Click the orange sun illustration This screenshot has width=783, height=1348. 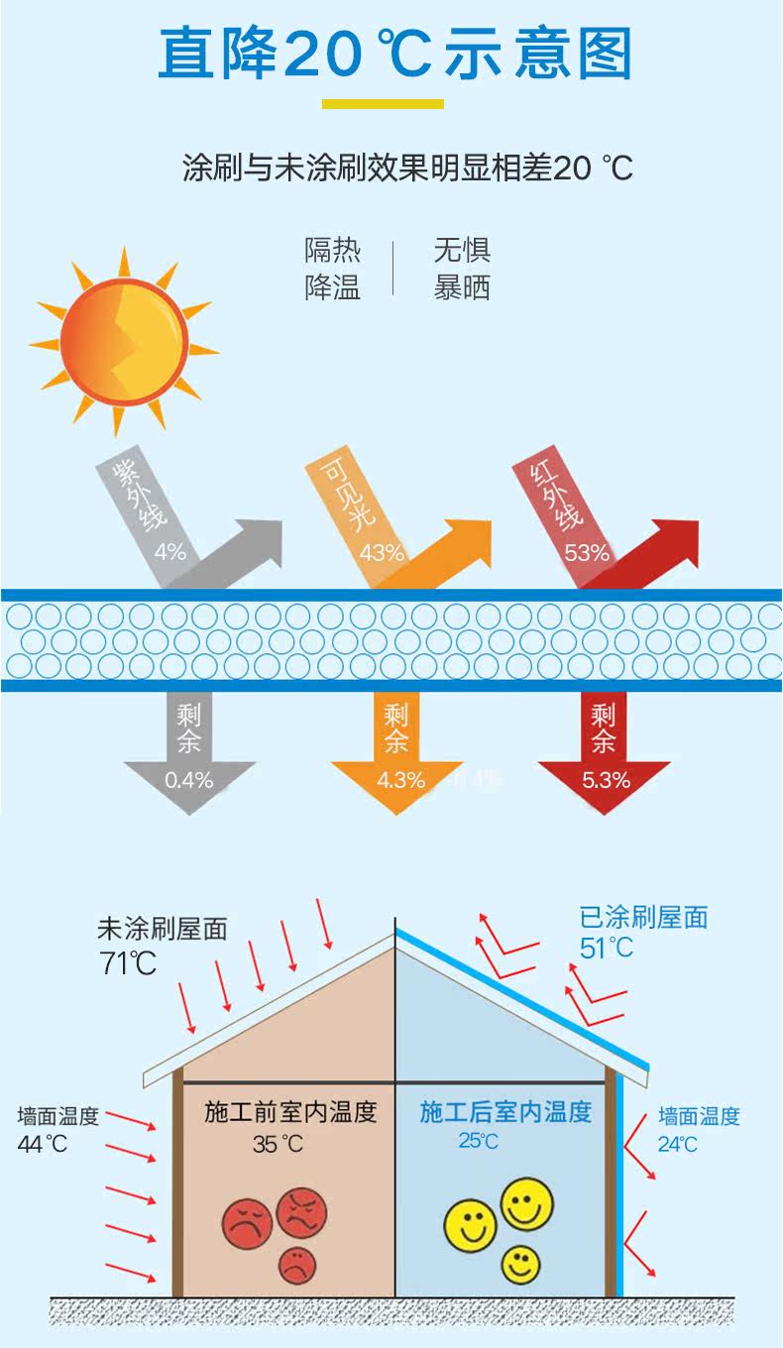point(122,339)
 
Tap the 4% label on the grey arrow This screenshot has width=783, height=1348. point(170,551)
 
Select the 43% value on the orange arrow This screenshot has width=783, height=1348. point(382,552)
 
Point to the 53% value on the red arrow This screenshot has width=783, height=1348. point(587,552)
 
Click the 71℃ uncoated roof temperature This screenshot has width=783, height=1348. point(127,962)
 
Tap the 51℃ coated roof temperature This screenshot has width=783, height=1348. point(606,948)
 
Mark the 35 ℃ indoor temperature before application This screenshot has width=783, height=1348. point(278,1144)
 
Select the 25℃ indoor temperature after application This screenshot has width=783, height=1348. point(478,1141)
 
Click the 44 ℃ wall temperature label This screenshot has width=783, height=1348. point(43,1143)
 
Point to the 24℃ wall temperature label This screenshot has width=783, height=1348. point(678,1144)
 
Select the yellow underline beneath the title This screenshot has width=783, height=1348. point(383,103)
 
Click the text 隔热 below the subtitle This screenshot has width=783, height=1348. point(332,251)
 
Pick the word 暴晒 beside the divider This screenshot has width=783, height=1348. point(462,286)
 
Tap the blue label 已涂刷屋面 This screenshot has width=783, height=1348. point(643,917)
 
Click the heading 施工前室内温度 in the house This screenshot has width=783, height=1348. point(290,1112)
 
